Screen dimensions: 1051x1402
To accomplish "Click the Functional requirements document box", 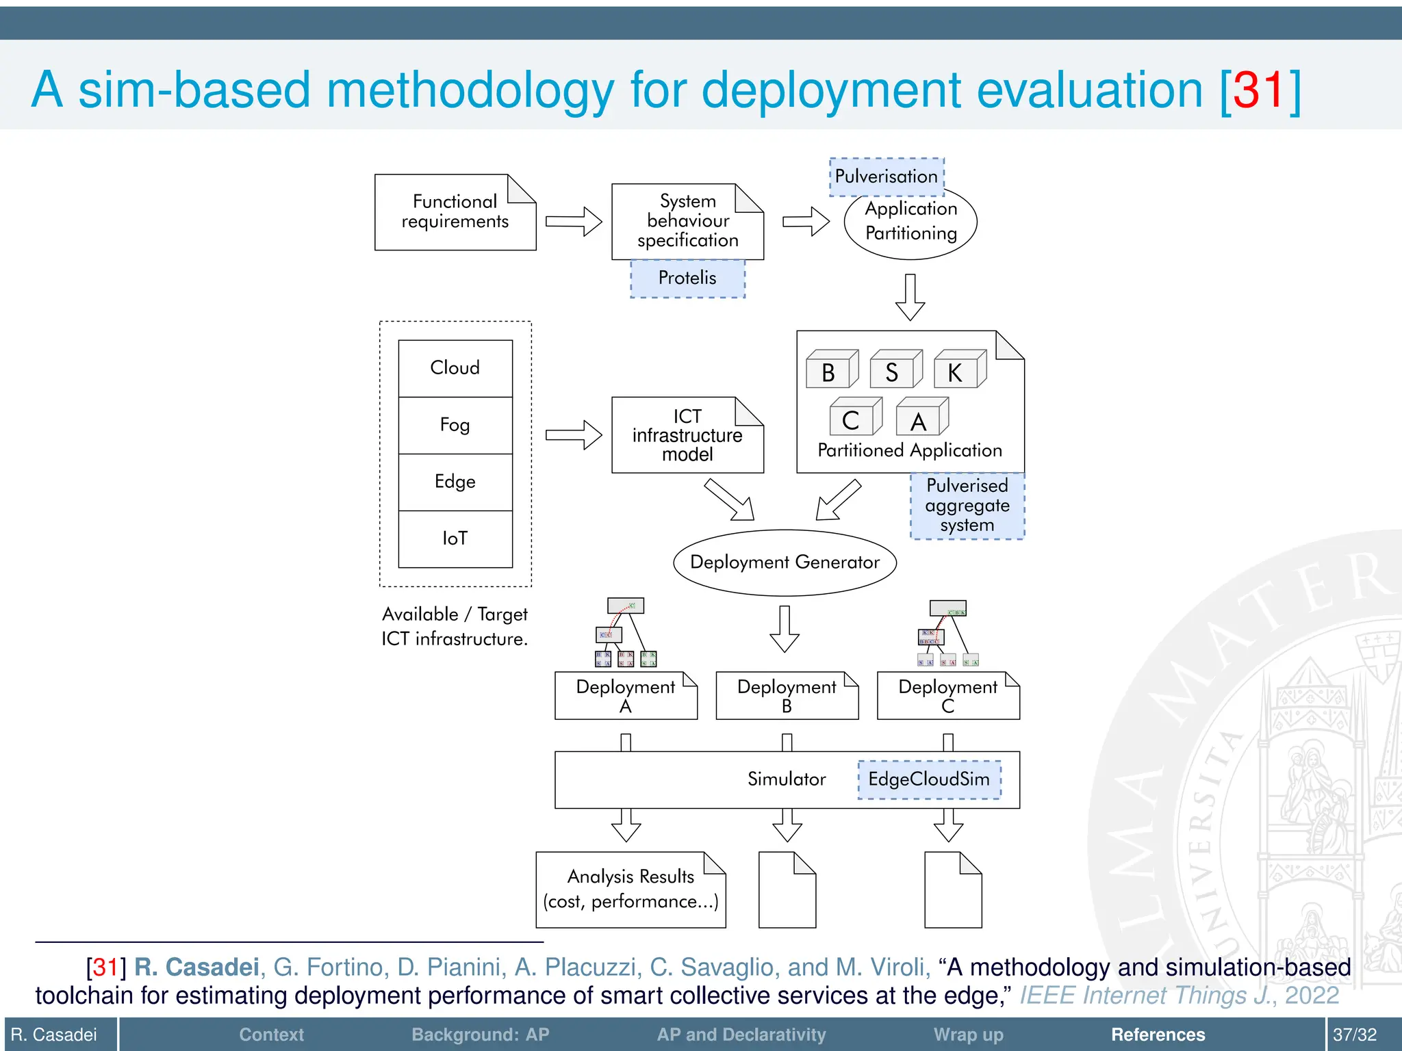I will pyautogui.click(x=455, y=212).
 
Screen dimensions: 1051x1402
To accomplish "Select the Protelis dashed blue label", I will pyautogui.click(x=687, y=278).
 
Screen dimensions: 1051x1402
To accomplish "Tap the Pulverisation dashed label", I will pyautogui.click(x=887, y=177).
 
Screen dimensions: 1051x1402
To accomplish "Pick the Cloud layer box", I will pyautogui.click(x=455, y=368).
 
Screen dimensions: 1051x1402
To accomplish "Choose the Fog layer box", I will pyautogui.click(x=455, y=425).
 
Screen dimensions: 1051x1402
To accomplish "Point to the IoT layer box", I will pyautogui.click(x=455, y=539).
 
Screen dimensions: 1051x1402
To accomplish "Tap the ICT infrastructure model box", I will pyautogui.click(x=687, y=435).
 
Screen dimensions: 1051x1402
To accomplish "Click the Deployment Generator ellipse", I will pyautogui.click(x=785, y=562).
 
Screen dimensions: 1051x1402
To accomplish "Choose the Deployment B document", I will pyautogui.click(x=787, y=696).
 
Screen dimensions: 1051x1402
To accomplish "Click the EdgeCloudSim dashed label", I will pyautogui.click(x=929, y=779).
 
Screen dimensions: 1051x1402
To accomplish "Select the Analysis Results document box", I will pyautogui.click(x=630, y=890).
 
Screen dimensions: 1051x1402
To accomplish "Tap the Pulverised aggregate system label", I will pyautogui.click(x=967, y=506).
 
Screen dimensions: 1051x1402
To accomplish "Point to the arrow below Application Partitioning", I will pyautogui.click(x=910, y=297).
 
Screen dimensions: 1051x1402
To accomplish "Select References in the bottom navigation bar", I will pyautogui.click(x=1158, y=1035).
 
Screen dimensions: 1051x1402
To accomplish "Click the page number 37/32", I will pyautogui.click(x=1354, y=1035).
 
